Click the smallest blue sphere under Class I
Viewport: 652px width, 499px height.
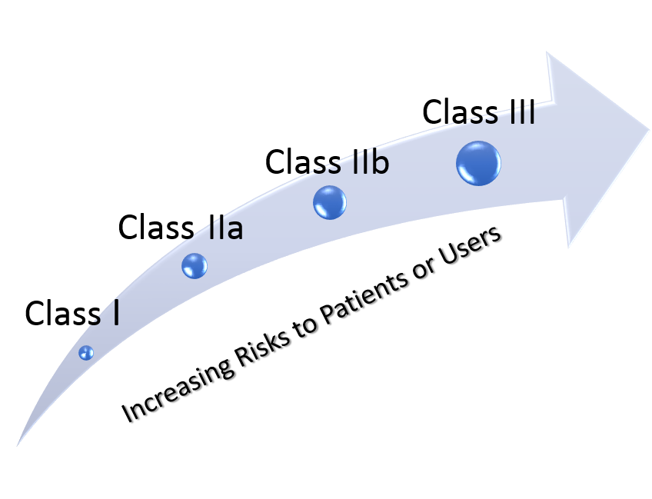(x=86, y=353)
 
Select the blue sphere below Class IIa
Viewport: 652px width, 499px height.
(x=195, y=266)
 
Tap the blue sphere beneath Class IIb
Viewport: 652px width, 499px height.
(x=330, y=202)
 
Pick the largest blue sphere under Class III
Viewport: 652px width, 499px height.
(x=478, y=163)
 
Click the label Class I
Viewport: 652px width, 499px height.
(x=72, y=313)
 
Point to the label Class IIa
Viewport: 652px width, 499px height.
(x=181, y=227)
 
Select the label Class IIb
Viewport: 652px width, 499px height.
(x=328, y=161)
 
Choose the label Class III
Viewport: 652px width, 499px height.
(x=478, y=111)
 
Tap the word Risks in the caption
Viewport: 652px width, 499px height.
(x=262, y=350)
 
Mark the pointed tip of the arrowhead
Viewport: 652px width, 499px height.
(x=649, y=130)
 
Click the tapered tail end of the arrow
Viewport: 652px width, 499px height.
(x=18, y=444)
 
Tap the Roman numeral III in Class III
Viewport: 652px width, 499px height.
(x=522, y=111)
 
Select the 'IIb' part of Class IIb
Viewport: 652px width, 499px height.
(x=371, y=161)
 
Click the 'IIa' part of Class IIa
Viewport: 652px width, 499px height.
(x=226, y=227)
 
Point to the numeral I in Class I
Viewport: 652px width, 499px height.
(x=116, y=313)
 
